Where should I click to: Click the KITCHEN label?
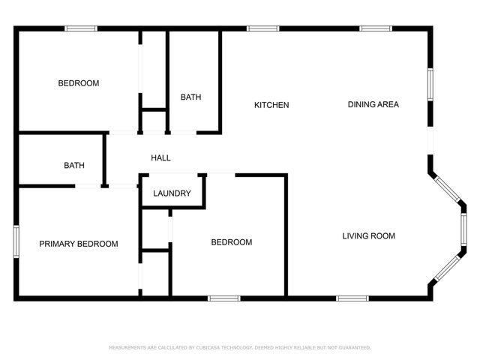[x=271, y=105]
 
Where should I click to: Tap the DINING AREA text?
[x=373, y=104]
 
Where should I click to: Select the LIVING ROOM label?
[x=368, y=236]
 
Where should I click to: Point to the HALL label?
[x=160, y=158]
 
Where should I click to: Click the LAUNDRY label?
[x=172, y=193]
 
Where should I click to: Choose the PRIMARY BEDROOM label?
[x=79, y=244]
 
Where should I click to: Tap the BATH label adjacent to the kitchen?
[x=190, y=97]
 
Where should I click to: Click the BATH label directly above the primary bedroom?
[x=74, y=166]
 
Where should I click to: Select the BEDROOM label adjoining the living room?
[x=231, y=242]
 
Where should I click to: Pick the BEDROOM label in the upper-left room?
[x=79, y=83]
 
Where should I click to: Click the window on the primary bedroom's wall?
[x=16, y=243]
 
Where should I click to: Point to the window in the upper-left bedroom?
[x=80, y=28]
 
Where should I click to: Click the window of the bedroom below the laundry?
[x=223, y=298]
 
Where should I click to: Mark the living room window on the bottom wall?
[x=352, y=298]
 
